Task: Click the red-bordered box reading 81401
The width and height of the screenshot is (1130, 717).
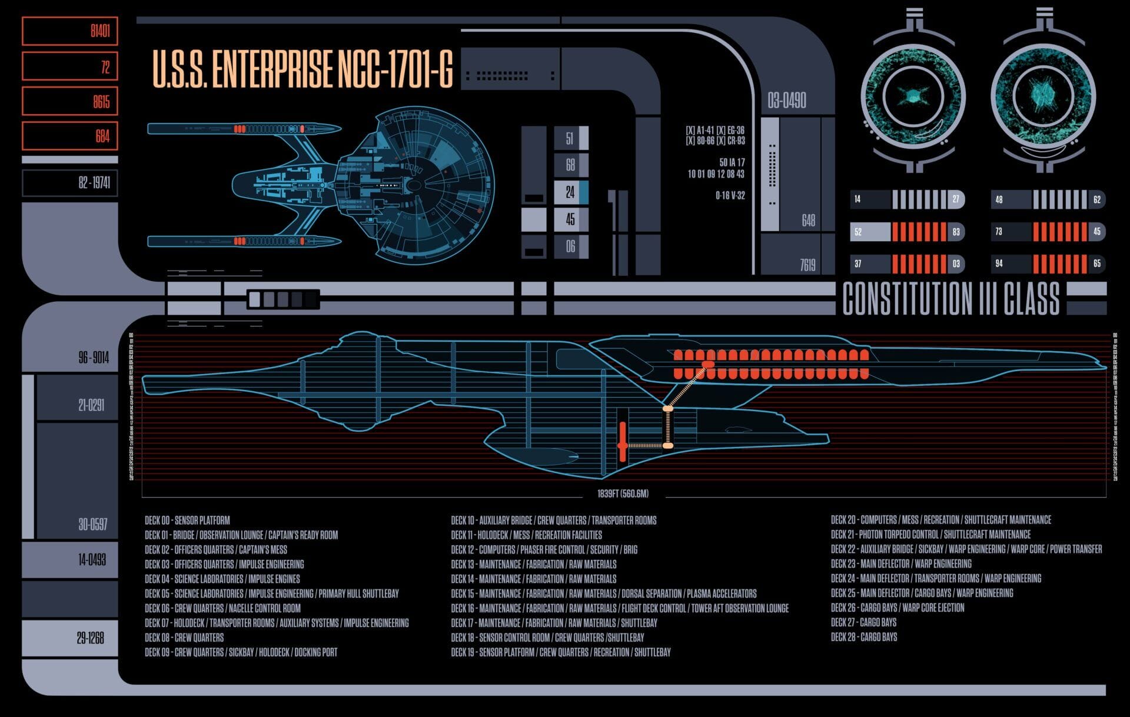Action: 69,31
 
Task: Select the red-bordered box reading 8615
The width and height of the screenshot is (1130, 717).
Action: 69,101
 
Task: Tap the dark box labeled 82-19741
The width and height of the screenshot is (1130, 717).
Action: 69,183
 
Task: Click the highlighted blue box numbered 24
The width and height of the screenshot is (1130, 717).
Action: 571,192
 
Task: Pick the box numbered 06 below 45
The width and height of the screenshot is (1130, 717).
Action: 571,246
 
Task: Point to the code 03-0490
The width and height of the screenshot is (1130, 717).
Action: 786,101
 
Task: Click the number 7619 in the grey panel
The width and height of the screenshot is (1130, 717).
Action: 807,265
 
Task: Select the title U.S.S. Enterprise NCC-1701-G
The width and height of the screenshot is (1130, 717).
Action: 303,69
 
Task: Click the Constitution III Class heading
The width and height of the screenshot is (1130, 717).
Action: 950,299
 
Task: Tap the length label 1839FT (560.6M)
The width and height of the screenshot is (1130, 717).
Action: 623,493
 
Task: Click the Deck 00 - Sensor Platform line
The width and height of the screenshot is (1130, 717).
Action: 187,521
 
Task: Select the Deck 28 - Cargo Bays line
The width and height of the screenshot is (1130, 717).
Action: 863,637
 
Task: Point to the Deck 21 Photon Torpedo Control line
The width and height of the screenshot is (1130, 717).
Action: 930,535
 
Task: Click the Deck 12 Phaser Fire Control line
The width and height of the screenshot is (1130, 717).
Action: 544,550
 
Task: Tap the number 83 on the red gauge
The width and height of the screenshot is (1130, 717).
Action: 956,232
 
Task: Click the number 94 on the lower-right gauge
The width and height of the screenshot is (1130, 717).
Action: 999,264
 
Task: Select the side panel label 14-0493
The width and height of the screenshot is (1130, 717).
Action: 92,560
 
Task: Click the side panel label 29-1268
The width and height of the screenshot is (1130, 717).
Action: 90,638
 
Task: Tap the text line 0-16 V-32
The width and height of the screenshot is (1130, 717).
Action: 730,196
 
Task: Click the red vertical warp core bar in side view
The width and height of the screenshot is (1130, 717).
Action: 623,444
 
